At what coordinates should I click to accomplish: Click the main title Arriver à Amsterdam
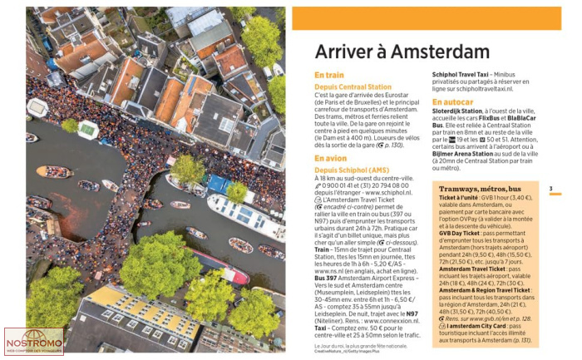[402, 52]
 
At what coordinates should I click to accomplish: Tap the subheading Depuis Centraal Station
[353, 86]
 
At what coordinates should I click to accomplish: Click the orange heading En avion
[330, 157]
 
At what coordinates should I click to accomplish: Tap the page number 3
[550, 190]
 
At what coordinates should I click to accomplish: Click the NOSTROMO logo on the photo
[34, 340]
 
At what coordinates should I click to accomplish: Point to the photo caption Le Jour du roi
[334, 345]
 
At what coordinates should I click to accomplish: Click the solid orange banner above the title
[427, 18]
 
